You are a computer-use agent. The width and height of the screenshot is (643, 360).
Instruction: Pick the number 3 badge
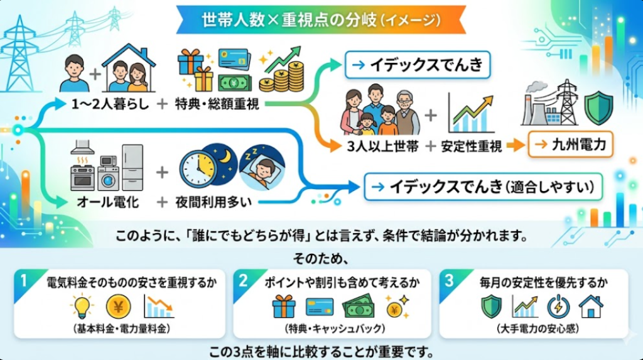point(449,281)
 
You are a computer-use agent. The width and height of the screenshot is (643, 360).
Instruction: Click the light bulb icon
point(82,307)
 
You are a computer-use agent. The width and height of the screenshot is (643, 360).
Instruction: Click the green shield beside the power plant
point(598,108)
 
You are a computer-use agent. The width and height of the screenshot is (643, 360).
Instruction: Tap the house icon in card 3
point(590,307)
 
